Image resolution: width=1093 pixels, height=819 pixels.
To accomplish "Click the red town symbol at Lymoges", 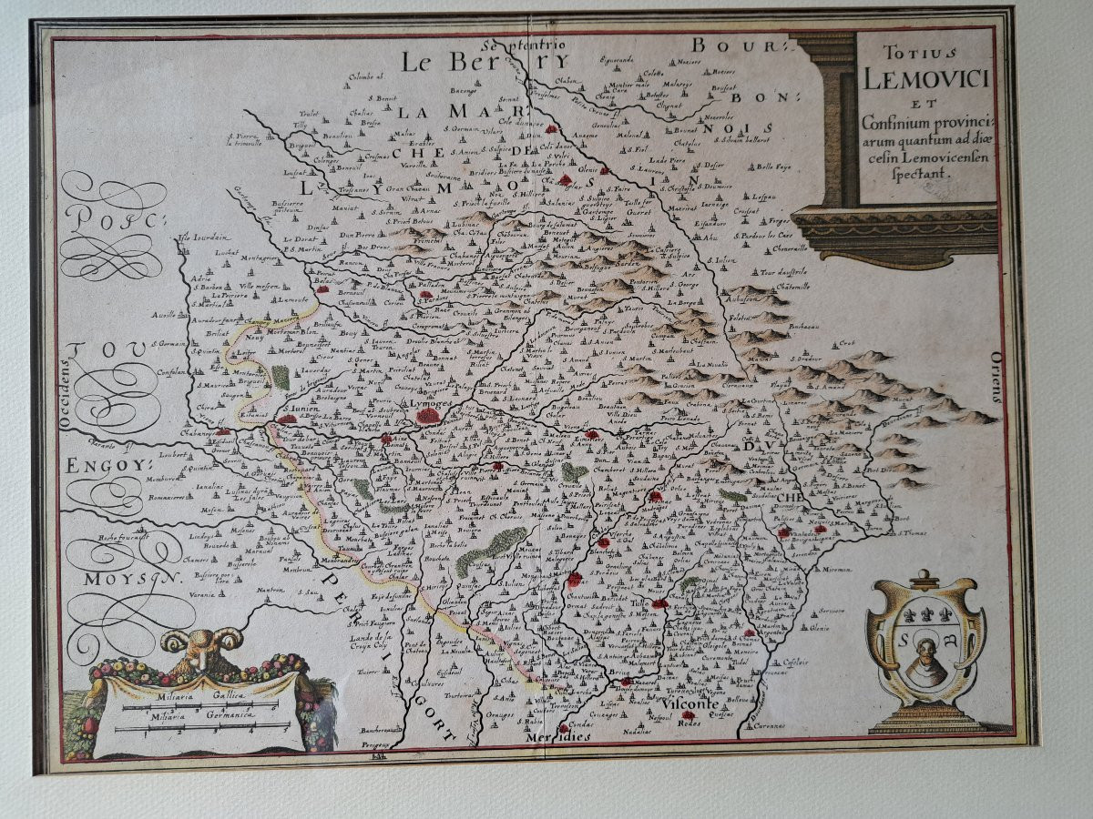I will tap(427, 416).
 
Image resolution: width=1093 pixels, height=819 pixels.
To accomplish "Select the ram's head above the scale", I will tap(202, 648).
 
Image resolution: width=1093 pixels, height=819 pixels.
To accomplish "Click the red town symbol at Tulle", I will tap(660, 602).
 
